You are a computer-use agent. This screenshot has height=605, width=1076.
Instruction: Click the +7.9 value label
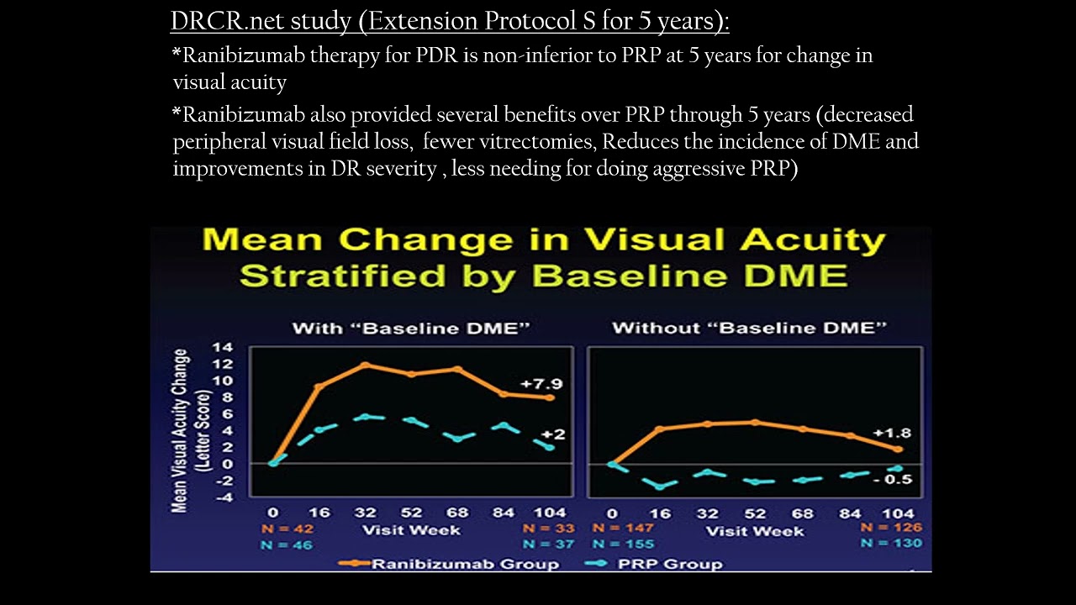pyautogui.click(x=541, y=384)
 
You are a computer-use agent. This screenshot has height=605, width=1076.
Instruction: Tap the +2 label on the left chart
pyautogui.click(x=552, y=434)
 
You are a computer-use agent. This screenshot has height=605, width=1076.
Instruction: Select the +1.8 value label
pyautogui.click(x=892, y=434)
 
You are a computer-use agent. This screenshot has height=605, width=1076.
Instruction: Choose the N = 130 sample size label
pyautogui.click(x=891, y=544)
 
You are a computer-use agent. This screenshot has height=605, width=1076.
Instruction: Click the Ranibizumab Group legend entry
pyautogui.click(x=448, y=563)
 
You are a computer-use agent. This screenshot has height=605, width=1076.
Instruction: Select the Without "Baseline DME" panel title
pyautogui.click(x=750, y=328)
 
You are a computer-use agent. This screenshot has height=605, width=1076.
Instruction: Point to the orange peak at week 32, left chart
pyautogui.click(x=365, y=365)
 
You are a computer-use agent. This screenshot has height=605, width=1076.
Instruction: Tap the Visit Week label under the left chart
pyautogui.click(x=411, y=529)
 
